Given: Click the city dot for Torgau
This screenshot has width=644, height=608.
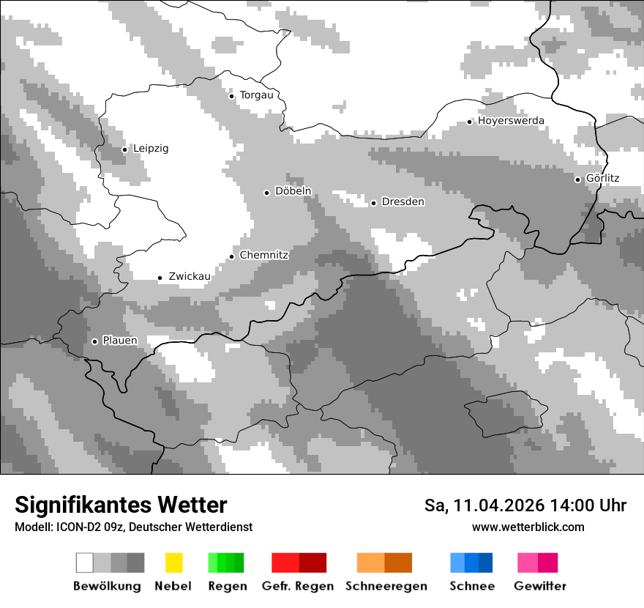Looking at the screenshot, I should coord(232,96).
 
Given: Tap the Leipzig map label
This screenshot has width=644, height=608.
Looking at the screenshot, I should coord(150,148).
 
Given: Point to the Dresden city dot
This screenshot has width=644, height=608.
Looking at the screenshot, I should coord(373,203).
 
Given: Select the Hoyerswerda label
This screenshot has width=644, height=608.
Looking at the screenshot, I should coord(511,120).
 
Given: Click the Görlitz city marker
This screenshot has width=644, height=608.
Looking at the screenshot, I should coord(577,179).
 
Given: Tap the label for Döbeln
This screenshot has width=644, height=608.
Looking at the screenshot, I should coord(293,191).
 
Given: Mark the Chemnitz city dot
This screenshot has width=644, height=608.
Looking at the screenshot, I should coord(232,256).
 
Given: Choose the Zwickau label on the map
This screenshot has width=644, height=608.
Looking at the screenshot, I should coord(190,276).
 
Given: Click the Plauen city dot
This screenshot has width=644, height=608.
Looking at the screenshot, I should coord(94,341).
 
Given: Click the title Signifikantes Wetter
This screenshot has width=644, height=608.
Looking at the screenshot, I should coord(121,505).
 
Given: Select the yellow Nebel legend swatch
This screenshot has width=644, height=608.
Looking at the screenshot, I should coord(174,563).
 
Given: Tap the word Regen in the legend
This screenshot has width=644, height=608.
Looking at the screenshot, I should coord(228,586).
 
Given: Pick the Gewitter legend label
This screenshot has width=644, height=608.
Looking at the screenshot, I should coord(540,586).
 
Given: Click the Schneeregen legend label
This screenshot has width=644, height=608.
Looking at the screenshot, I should coord(386,586).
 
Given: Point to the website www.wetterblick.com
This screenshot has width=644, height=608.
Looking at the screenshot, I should coord(528,527).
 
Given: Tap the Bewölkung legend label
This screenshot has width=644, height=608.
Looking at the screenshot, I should coord(107,586).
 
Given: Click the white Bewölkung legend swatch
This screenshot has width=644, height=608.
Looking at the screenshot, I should coord(85,563).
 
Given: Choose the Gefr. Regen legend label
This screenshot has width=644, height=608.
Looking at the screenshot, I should coord(298,586).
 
